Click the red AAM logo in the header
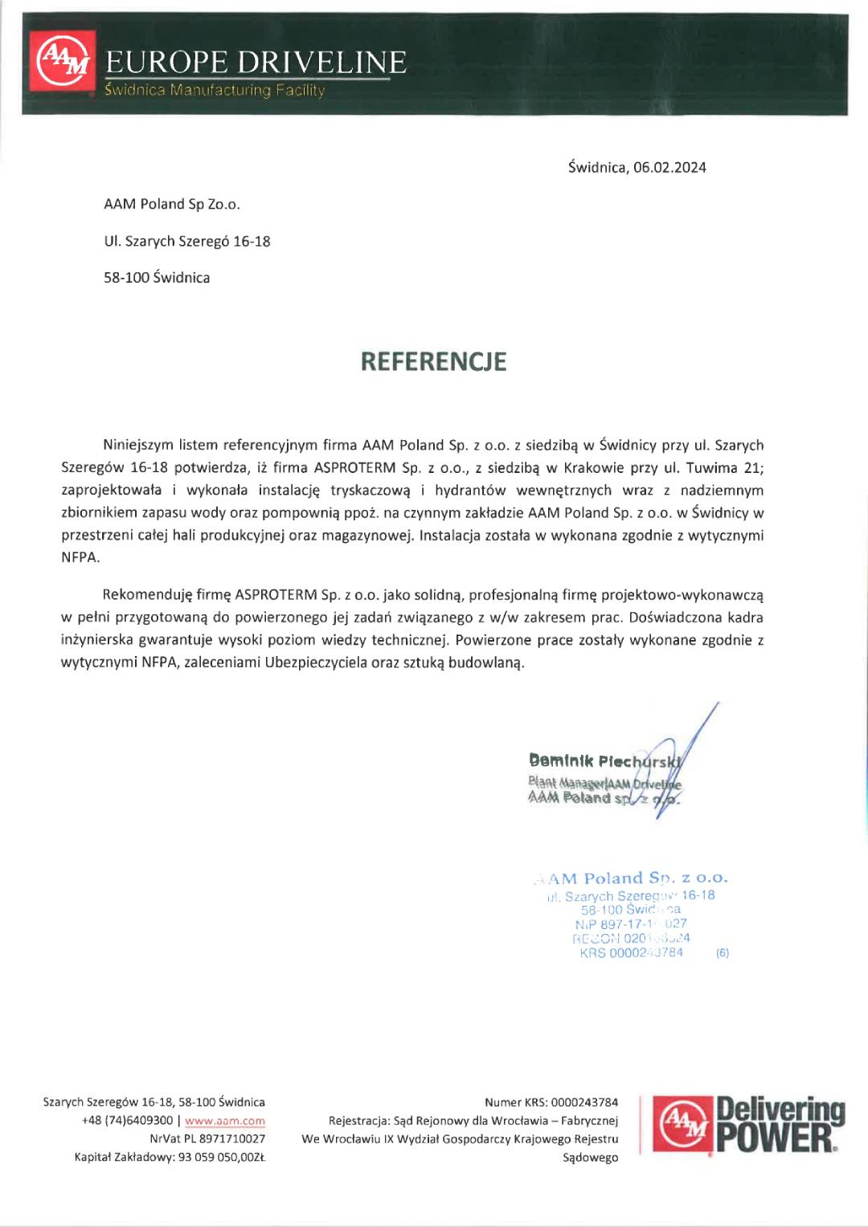tap(63, 60)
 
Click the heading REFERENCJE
tap(433, 362)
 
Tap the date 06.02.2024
tap(669, 168)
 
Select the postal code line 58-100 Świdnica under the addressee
tap(157, 278)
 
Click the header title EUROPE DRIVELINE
tap(256, 63)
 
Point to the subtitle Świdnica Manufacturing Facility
tap(215, 91)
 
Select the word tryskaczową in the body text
tap(370, 491)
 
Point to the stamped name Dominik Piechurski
tap(604, 760)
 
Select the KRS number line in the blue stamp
tap(632, 953)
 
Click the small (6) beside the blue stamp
tap(723, 953)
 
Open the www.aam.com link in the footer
tap(225, 1121)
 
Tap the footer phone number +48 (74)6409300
tap(127, 1121)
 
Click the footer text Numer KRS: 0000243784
tap(551, 1103)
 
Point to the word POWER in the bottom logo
tap(774, 1139)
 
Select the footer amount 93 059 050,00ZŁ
tap(215, 1158)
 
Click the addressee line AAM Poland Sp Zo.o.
tap(172, 205)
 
